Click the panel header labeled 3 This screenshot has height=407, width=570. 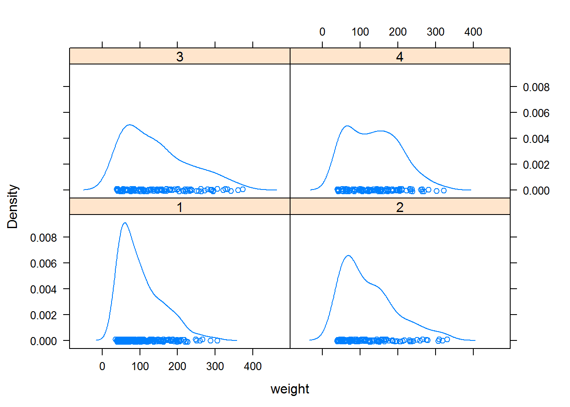pyautogui.click(x=179, y=56)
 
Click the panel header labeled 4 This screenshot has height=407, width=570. pyautogui.click(x=400, y=56)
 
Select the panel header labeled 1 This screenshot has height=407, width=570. pyautogui.click(x=179, y=207)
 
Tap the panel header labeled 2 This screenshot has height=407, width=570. pyautogui.click(x=400, y=207)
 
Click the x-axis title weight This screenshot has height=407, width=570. pyautogui.click(x=290, y=389)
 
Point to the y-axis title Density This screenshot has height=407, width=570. pyautogui.click(x=13, y=206)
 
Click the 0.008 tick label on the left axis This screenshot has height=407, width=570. pyautogui.click(x=43, y=238)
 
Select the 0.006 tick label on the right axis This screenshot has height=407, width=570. pyautogui.click(x=536, y=113)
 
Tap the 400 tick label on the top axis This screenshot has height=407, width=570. pyautogui.click(x=473, y=32)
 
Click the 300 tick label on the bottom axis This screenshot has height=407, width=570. pyautogui.click(x=215, y=366)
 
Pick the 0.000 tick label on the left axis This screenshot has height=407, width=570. pyautogui.click(x=43, y=341)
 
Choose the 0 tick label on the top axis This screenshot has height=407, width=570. pyautogui.click(x=322, y=32)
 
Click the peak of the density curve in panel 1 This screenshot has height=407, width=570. pyautogui.click(x=124, y=223)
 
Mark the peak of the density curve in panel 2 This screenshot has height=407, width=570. pyautogui.click(x=348, y=256)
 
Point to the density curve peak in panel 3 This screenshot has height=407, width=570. pyautogui.click(x=129, y=125)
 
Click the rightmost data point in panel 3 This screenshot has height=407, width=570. pyautogui.click(x=243, y=190)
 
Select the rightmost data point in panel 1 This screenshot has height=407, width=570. pyautogui.click(x=217, y=340)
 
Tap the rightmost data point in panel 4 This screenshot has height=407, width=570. pyautogui.click(x=444, y=190)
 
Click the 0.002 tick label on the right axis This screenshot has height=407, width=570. pyautogui.click(x=536, y=165)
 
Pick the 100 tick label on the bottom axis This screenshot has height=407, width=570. pyautogui.click(x=140, y=366)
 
